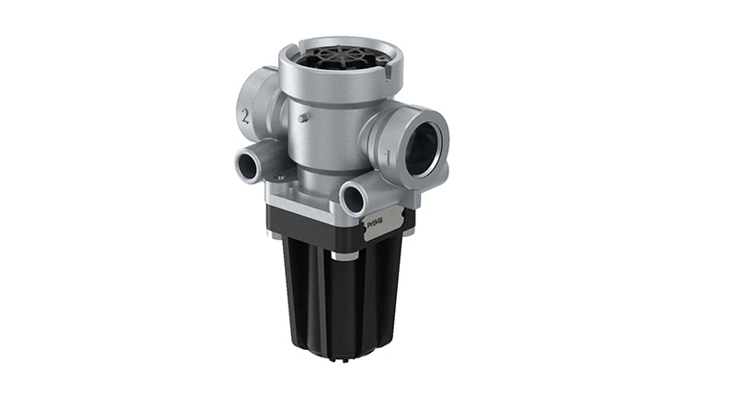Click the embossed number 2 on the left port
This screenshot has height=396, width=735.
point(244,117)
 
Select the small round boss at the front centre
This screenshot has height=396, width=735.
point(356,197)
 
